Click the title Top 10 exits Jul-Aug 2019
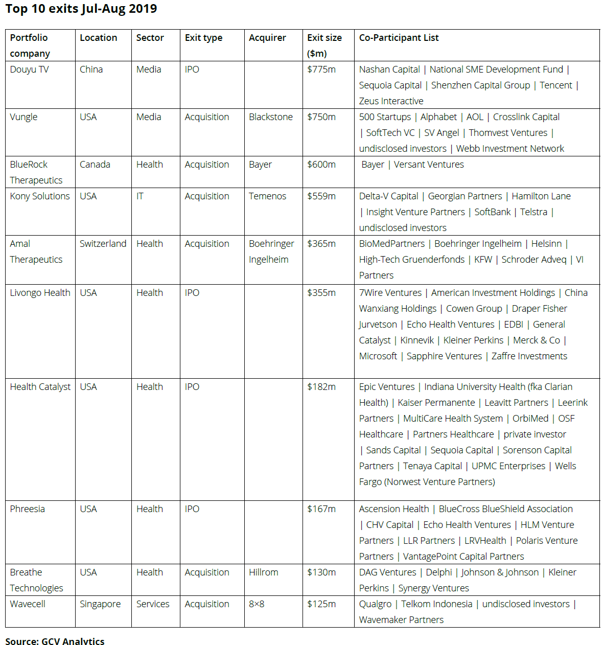coord(81,9)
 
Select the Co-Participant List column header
coord(399,38)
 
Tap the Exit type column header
coord(203,38)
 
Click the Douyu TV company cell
coord(29,70)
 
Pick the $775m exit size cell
coord(321,70)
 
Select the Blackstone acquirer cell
coord(271,117)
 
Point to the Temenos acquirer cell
coord(267,196)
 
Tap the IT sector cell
coord(140,196)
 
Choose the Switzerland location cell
coord(103,244)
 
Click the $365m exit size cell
coord(321,244)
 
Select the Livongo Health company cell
coord(40,293)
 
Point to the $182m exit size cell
coord(321,387)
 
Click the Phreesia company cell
coord(28,509)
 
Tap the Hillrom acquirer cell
coord(263,572)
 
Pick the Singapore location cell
coord(100,604)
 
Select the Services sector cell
coord(153,604)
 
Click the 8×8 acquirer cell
coord(257,604)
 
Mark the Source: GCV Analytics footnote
coord(55,641)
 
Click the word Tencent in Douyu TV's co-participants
coord(556,85)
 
